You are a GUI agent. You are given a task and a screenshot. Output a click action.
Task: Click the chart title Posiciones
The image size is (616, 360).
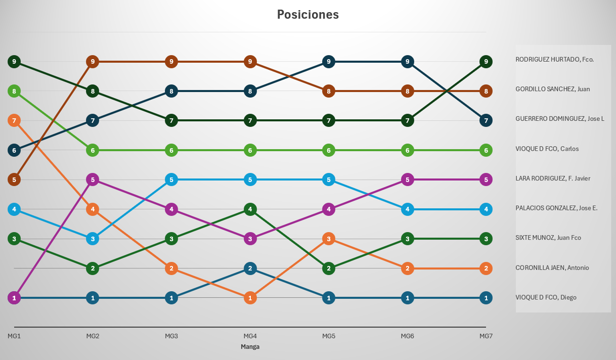coord(307,15)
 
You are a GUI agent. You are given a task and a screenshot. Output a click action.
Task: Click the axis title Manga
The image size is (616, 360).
coord(250,347)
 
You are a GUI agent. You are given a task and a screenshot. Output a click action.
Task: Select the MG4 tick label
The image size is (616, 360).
coord(250,336)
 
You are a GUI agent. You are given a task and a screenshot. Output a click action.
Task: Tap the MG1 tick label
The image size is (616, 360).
coord(14,336)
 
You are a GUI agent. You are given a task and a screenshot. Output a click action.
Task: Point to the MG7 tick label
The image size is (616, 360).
coord(486,336)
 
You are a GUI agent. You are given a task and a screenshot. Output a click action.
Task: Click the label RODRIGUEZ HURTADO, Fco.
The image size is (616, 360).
coord(554,59)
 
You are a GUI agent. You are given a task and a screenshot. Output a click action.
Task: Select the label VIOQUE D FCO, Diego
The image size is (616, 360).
coord(546,297)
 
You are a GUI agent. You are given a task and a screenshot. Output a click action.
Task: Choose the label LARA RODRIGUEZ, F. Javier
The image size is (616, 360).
coord(553,178)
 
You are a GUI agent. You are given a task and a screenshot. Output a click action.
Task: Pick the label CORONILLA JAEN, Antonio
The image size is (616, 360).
coord(552,267)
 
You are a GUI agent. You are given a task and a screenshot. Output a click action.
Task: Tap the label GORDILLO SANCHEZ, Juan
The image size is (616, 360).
coord(553,89)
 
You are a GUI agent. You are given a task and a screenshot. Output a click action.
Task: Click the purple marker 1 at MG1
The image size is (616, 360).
coord(14,298)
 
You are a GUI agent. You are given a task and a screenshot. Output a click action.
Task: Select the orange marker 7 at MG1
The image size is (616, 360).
coord(14,120)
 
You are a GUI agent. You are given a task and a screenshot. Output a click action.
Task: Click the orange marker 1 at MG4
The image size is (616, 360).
coord(250,298)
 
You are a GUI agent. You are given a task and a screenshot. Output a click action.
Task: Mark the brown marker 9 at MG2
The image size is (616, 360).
coord(92,62)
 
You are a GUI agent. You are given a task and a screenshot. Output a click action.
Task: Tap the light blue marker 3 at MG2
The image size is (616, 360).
coord(92,239)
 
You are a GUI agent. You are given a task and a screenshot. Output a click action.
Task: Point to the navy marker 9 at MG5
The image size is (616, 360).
coord(329,62)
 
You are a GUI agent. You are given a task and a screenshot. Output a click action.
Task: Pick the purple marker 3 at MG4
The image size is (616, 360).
coord(250,239)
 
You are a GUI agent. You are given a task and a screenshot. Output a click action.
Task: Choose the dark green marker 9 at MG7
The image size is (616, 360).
coord(486,62)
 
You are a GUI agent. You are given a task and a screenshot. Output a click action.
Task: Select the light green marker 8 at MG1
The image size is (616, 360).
coord(14,91)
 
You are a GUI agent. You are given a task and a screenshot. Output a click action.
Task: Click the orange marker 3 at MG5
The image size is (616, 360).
coord(329,239)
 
